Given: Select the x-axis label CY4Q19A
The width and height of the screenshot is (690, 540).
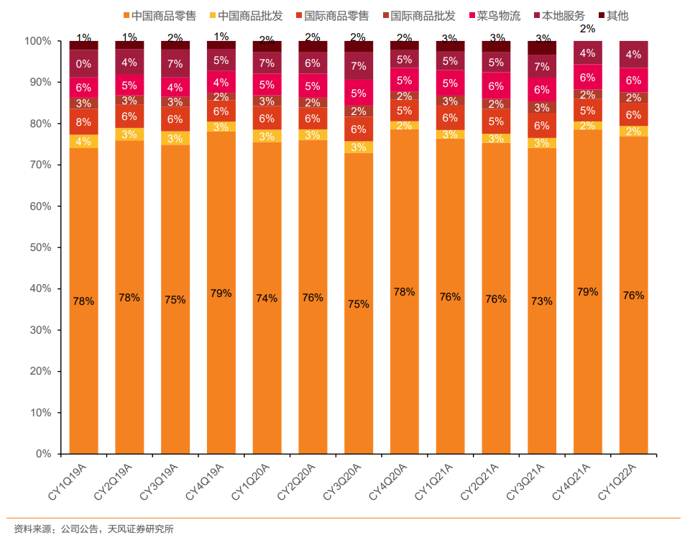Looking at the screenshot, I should [x=211, y=482].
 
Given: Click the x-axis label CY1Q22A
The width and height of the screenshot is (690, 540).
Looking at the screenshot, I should [x=623, y=482].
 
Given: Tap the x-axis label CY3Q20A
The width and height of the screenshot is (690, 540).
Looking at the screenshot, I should [x=348, y=482].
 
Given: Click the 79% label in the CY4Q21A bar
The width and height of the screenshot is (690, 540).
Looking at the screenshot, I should [x=588, y=292].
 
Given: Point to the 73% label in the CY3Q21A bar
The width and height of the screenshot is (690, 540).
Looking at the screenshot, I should [x=542, y=301].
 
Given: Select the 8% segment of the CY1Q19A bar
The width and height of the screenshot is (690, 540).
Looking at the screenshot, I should [x=83, y=122].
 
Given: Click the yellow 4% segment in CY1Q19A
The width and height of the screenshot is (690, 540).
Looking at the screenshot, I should [x=83, y=141].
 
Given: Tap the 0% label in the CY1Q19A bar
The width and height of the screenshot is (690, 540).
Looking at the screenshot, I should [x=83, y=63].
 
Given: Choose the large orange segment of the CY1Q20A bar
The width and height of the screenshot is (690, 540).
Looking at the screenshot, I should [x=267, y=298].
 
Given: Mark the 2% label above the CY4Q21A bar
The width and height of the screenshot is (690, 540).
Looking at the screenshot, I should [x=588, y=29].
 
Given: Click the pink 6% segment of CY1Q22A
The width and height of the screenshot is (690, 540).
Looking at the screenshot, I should [x=634, y=80].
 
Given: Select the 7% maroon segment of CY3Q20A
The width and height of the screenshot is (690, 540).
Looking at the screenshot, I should [x=359, y=65].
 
